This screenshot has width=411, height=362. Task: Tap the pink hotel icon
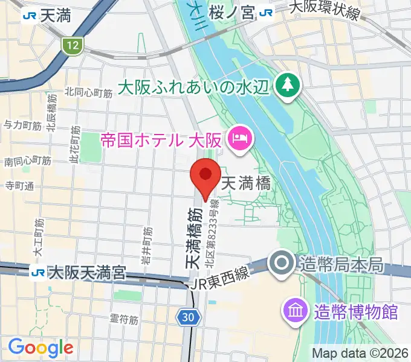(x=241, y=139)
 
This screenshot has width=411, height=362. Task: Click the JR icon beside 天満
(x=28, y=16)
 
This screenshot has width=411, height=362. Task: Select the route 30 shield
(x=187, y=316)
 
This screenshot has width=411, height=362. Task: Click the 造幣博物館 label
(x=356, y=312)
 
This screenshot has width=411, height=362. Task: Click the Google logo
(x=41, y=347)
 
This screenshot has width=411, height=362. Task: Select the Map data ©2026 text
(x=359, y=352)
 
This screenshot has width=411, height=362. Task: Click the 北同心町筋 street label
(x=89, y=92)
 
